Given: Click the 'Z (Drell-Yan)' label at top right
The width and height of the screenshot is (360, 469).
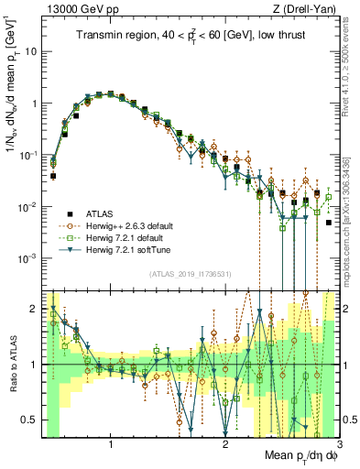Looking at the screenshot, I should [308, 8].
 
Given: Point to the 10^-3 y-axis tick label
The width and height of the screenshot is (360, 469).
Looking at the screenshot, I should [30, 259].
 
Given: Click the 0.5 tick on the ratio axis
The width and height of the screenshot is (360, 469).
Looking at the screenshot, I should [30, 420].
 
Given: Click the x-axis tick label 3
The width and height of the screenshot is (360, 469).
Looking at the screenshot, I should [339, 443].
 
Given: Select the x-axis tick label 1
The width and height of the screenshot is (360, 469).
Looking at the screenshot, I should [111, 443].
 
